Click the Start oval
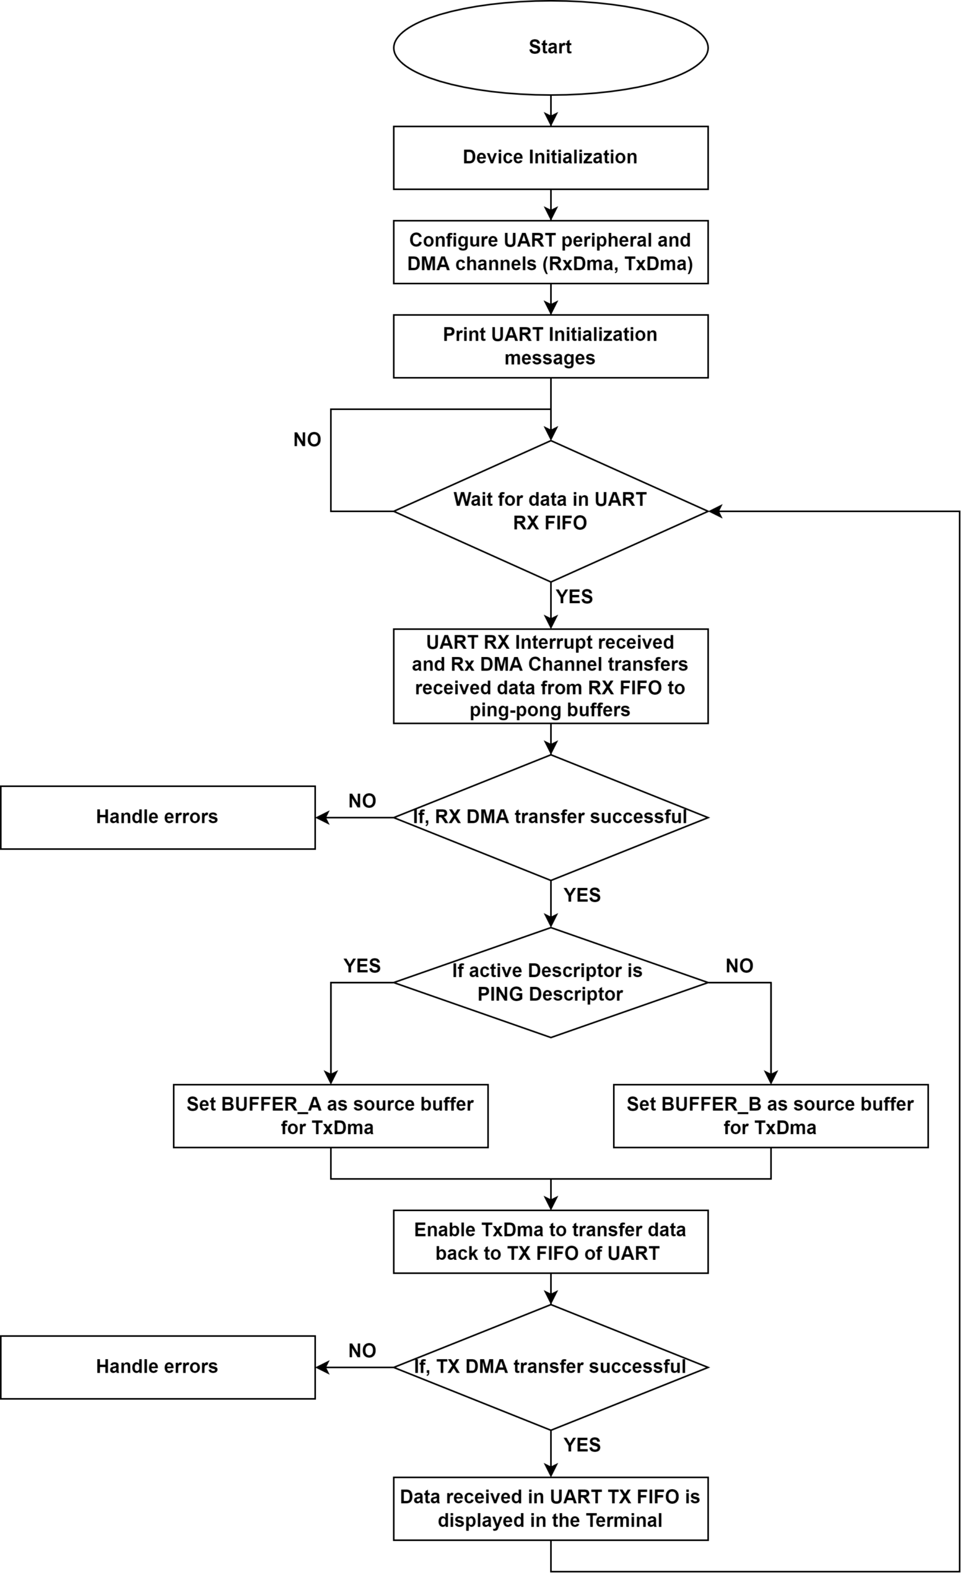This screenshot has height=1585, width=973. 551,48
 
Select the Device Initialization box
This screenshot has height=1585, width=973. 551,158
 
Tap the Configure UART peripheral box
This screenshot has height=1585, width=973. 551,252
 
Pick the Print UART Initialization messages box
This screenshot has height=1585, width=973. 551,346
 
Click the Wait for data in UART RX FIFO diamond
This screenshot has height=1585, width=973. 551,511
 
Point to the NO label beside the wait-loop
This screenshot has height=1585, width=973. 307,440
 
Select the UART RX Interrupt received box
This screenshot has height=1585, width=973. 551,676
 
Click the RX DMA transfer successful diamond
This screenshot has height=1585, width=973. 551,818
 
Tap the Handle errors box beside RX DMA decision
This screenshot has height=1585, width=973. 158,818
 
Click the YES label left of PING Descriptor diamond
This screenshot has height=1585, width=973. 362,966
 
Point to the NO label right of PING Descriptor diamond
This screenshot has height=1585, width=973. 740,966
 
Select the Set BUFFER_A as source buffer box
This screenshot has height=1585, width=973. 331,1116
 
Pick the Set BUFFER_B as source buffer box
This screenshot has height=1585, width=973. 771,1116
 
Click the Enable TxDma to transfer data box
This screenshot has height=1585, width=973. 551,1241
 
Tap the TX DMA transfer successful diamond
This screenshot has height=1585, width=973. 551,1368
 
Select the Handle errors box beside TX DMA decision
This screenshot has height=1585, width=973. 158,1368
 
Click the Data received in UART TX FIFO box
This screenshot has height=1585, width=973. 551,1509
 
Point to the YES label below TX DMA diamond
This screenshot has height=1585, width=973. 582,1446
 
